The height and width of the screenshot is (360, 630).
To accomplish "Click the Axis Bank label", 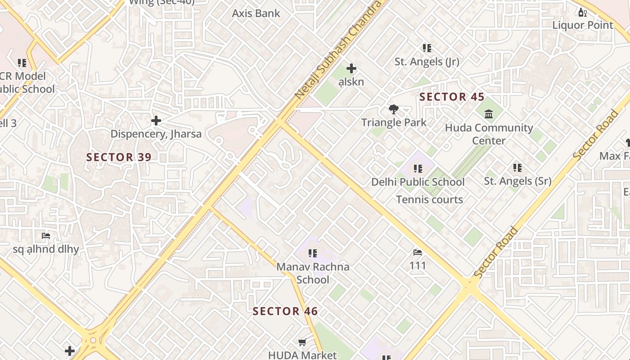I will click(x=256, y=13).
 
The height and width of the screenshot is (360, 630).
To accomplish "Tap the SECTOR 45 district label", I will click(x=452, y=97).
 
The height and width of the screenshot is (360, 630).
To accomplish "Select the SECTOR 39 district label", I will click(x=119, y=157).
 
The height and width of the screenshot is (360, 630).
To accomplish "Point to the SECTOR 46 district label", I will click(x=285, y=311).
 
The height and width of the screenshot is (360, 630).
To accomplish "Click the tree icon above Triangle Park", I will click(x=394, y=109).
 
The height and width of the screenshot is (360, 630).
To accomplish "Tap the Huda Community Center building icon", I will click(x=489, y=114).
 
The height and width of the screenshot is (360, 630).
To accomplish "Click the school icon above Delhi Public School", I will click(x=418, y=169).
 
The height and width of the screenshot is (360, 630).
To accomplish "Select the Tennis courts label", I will click(x=429, y=199).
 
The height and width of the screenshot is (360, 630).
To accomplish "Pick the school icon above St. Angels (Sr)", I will click(x=517, y=168).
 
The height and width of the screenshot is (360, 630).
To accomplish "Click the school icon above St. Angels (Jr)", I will click(x=427, y=48).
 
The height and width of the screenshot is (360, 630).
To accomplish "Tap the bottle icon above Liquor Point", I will click(x=582, y=12).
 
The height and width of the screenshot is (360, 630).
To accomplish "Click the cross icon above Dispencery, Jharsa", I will click(x=156, y=121).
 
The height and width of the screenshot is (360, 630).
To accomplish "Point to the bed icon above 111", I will click(x=418, y=252).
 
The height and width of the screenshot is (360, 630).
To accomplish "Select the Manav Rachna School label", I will click(x=313, y=273).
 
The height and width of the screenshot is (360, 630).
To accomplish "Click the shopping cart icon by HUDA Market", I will click(x=302, y=342).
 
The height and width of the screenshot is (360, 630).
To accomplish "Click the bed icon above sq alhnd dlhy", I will click(x=45, y=236).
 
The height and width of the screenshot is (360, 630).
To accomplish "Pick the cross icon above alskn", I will click(x=351, y=68).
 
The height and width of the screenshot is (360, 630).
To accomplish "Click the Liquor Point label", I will click(x=583, y=25).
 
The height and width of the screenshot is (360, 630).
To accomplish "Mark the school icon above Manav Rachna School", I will click(x=313, y=253).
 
